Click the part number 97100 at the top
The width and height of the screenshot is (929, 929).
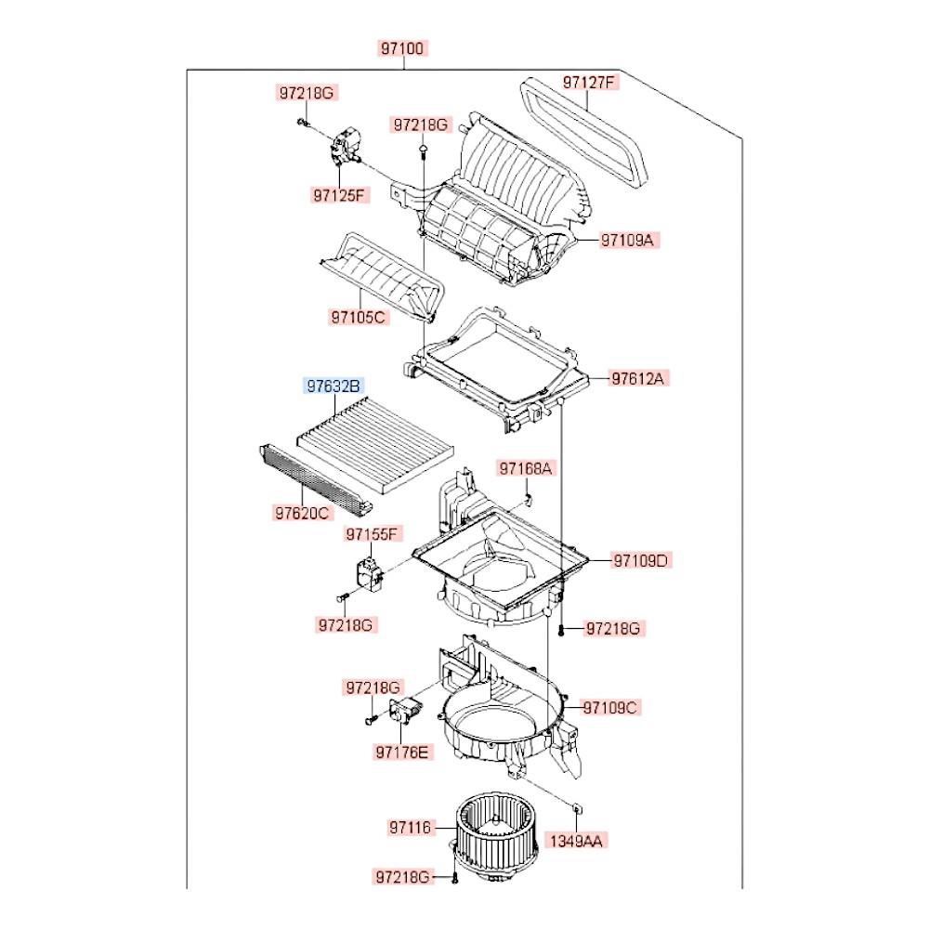(403, 49)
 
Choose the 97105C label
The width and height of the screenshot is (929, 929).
(358, 317)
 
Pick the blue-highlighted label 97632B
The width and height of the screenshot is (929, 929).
(334, 386)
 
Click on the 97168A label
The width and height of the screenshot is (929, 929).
(525, 469)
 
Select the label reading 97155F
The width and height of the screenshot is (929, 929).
(373, 534)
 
